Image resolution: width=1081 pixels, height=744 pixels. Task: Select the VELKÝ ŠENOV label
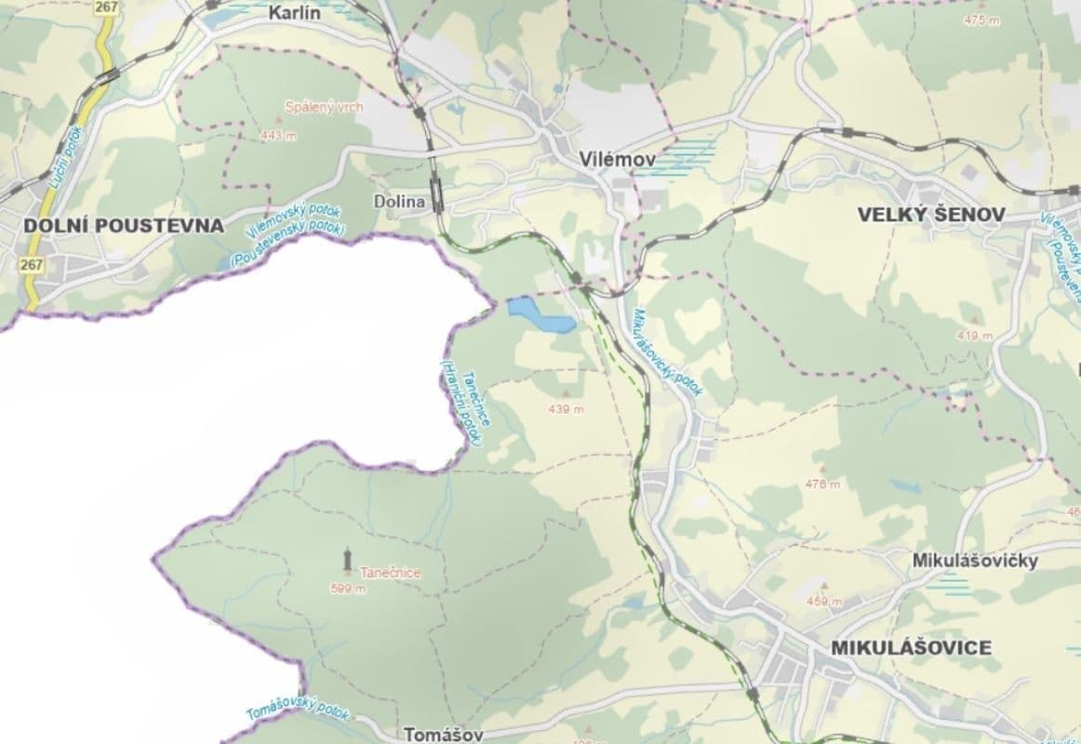pyautogui.click(x=930, y=215)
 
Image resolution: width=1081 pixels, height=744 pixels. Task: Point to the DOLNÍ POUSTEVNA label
pyautogui.click(x=124, y=225)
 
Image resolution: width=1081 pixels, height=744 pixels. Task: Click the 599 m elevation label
pyautogui.click(x=347, y=588)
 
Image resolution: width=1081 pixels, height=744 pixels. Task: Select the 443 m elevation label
pyautogui.click(x=278, y=136)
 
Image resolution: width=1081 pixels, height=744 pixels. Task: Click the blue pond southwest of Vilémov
pyautogui.click(x=540, y=315)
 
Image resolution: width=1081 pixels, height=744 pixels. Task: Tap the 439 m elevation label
pyautogui.click(x=566, y=409)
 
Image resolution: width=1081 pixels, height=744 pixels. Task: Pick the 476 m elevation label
pyautogui.click(x=822, y=484)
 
